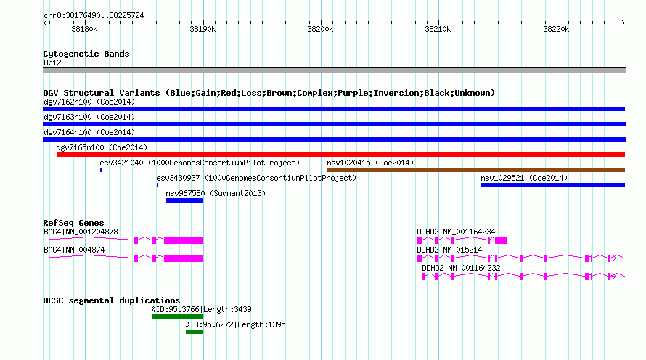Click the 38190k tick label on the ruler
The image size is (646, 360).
point(203,29)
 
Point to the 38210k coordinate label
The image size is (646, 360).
point(438,29)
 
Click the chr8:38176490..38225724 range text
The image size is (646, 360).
point(94,16)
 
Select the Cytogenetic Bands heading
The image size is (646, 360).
point(86,54)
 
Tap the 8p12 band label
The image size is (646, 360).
point(52,62)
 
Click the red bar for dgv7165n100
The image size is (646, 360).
point(340,155)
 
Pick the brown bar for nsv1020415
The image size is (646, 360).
point(476,170)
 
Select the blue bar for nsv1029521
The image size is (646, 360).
point(553,185)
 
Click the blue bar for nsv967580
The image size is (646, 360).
point(184,200)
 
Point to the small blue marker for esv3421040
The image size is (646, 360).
point(101,170)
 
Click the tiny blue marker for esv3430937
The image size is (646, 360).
point(158,185)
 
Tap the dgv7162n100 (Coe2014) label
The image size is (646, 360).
point(89,102)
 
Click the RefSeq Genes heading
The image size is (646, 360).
point(73,223)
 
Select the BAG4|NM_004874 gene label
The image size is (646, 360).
point(74,250)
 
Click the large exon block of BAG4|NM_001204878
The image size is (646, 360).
point(184,240)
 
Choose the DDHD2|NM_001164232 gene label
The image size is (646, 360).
point(461,268)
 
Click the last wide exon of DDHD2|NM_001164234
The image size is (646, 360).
point(501,240)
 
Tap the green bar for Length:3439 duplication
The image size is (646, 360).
point(177,316)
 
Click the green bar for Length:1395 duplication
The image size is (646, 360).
point(195,332)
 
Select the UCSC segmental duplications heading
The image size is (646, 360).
point(112,300)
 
